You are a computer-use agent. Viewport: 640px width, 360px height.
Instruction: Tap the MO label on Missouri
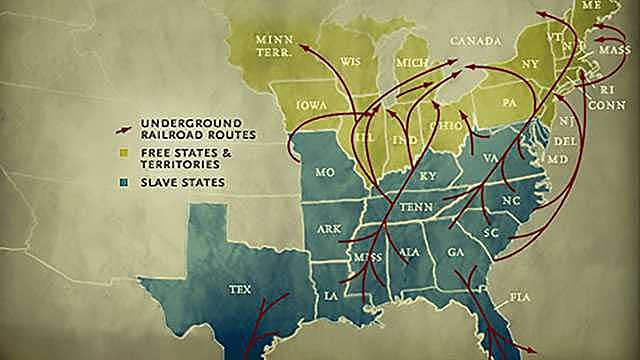coord(325,172)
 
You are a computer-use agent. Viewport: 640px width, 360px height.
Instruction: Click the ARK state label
coord(329,228)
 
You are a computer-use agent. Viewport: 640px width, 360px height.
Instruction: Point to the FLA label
coord(519,297)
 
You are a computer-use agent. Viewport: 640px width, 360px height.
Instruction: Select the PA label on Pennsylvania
coord(509,103)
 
